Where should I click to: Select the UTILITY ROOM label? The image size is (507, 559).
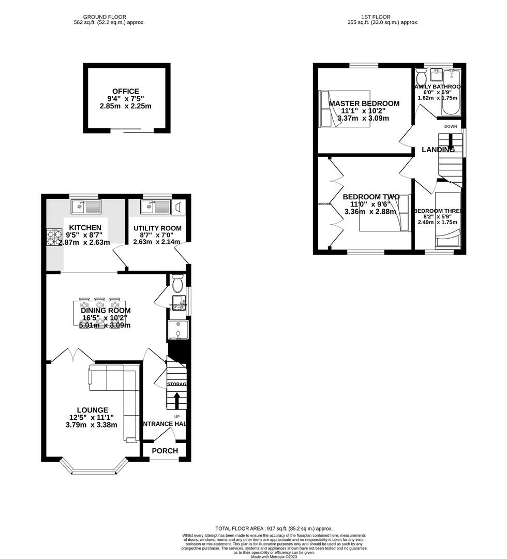157,228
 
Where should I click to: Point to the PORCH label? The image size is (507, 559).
165,451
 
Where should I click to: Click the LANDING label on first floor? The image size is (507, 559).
438,150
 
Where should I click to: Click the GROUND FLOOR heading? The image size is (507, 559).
109,17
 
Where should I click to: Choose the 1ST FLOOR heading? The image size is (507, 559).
383,17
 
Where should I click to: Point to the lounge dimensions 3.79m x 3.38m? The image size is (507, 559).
91,425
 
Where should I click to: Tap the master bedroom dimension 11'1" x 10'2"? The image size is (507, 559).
363,111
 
